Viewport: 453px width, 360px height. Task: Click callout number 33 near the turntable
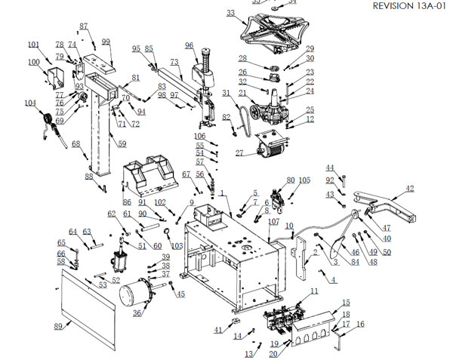pos(230,13)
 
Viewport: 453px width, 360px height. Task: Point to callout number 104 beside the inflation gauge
pos(30,103)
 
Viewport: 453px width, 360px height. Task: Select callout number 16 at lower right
pos(359,324)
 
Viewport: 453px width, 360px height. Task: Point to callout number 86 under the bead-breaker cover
pos(126,203)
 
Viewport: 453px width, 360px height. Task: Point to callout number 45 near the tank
pos(180,294)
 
